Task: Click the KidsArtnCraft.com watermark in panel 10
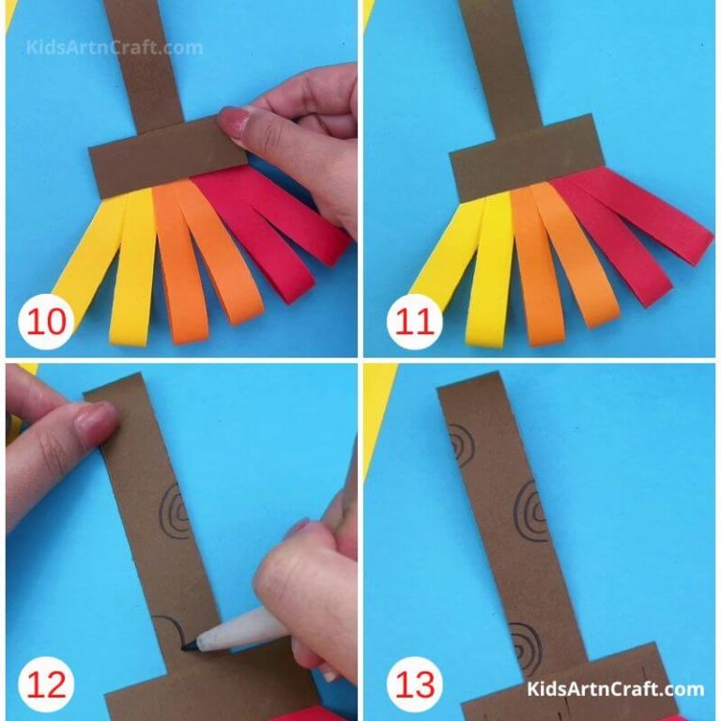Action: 114,47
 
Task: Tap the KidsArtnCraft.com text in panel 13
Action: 615,690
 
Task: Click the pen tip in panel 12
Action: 188,646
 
